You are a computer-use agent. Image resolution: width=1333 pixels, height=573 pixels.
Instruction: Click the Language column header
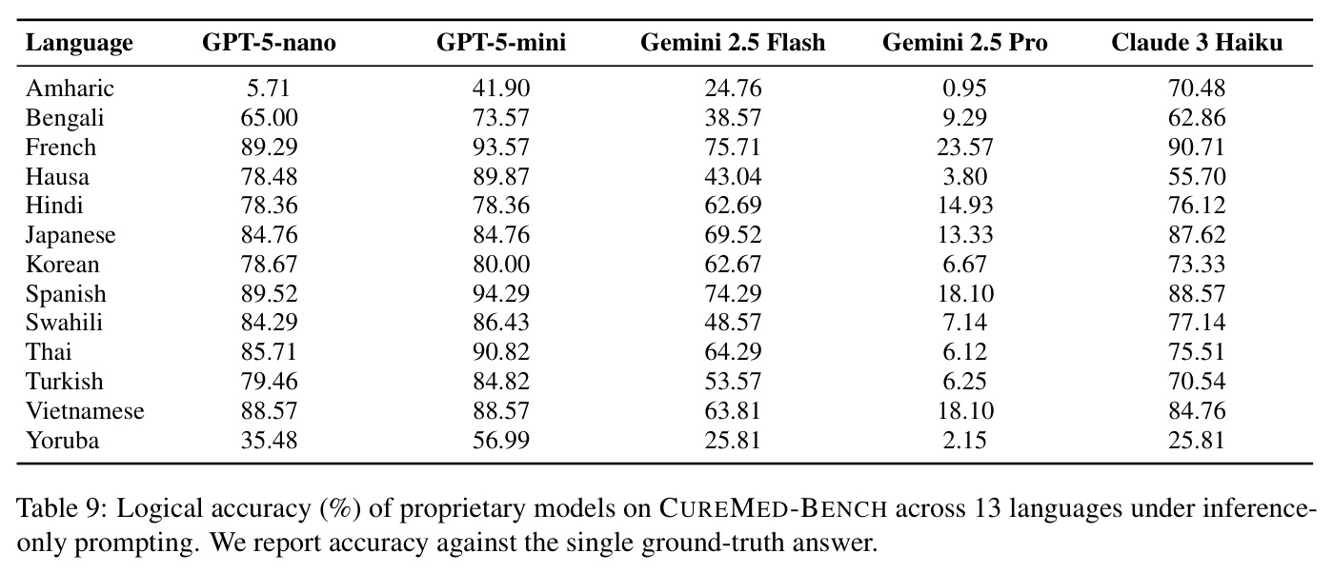tap(79, 44)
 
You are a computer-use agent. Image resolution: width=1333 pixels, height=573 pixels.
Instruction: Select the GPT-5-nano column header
tap(269, 43)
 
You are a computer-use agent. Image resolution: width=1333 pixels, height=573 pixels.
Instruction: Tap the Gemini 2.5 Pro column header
tap(964, 43)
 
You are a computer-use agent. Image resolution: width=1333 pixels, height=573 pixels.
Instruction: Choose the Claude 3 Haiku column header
tap(1197, 43)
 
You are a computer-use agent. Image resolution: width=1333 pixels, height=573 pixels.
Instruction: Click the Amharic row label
tap(70, 89)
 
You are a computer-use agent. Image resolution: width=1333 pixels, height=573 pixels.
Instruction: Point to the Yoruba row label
tap(62, 441)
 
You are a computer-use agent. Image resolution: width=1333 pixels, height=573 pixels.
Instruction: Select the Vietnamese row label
tap(85, 411)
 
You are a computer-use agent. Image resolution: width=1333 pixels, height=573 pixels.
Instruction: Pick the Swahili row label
tap(64, 323)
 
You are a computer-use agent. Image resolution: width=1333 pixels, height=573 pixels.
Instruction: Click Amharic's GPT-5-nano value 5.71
tap(269, 89)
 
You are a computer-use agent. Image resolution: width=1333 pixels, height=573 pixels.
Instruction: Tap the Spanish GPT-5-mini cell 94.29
tap(501, 293)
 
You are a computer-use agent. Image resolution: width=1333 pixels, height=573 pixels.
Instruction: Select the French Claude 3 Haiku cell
tap(1197, 148)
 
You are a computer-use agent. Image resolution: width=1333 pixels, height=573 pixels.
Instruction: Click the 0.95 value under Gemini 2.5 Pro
tap(964, 89)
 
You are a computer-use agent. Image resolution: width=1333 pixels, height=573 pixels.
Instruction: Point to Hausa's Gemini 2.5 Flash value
tap(733, 177)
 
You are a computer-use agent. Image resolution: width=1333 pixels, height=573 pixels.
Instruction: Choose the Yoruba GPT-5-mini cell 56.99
tap(501, 441)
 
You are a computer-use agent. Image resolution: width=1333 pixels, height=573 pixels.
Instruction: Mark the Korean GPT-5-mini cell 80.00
tap(501, 265)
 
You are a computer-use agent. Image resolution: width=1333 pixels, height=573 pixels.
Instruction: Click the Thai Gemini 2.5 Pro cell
tap(964, 352)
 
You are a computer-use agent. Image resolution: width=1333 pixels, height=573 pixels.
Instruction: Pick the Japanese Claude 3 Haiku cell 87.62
tap(1197, 235)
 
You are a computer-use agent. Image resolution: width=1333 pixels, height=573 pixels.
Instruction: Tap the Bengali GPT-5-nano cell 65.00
tap(269, 118)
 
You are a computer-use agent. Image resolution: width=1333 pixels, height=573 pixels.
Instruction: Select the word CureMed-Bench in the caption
tap(773, 509)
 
